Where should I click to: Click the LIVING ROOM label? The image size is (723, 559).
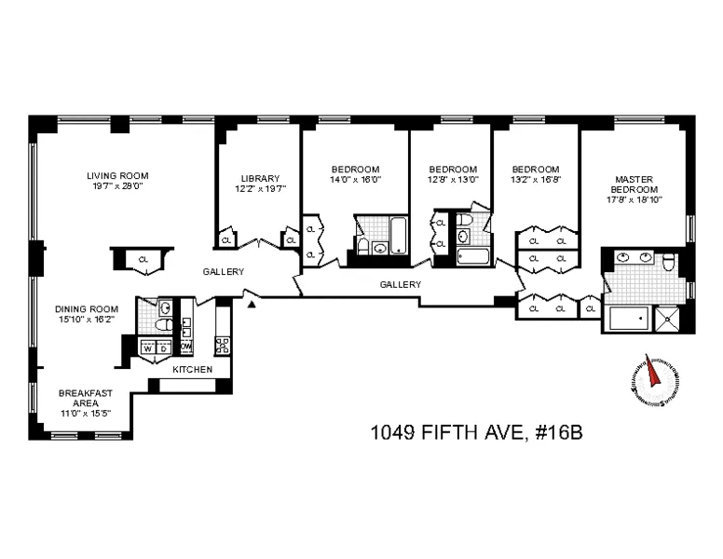(x=117, y=174)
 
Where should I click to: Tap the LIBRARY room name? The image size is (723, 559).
(x=260, y=178)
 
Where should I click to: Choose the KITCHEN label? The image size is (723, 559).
(x=192, y=370)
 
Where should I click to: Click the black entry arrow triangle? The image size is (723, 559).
(x=249, y=298)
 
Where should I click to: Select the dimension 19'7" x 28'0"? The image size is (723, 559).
(x=117, y=185)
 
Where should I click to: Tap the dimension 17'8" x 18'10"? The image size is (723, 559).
(x=637, y=198)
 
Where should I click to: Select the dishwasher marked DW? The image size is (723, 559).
(x=185, y=348)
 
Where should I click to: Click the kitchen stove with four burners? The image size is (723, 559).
(x=223, y=347)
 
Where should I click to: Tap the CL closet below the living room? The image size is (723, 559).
(x=143, y=260)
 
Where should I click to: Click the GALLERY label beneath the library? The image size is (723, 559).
(x=224, y=272)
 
